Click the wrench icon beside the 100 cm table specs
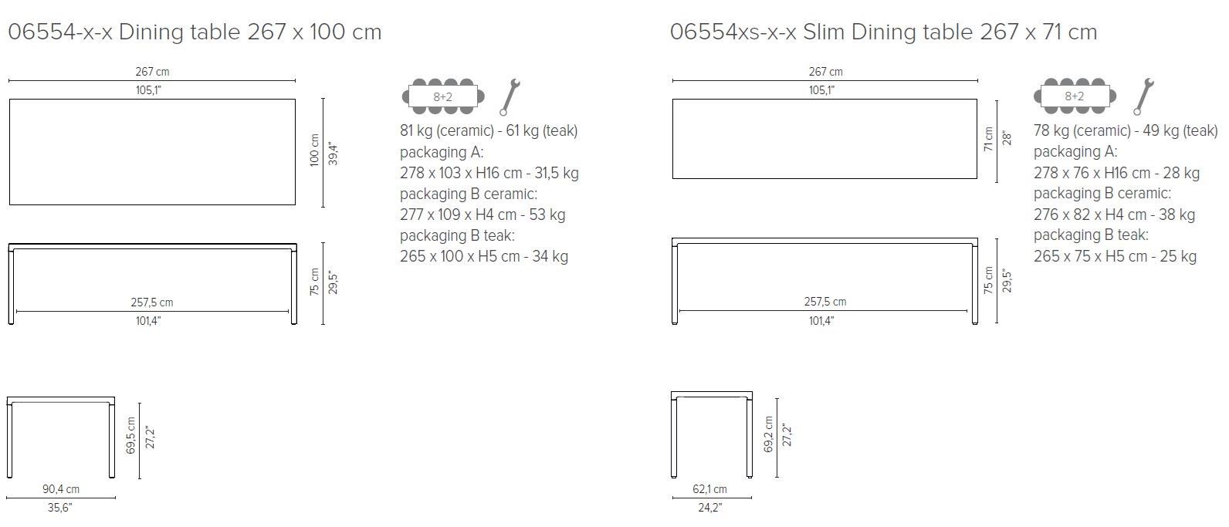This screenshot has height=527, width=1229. coord(510,96)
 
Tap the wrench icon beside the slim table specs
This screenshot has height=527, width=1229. coord(1143,96)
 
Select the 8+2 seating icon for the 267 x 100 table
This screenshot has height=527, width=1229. coord(443,96)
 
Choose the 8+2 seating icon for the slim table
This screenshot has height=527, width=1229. coord(1075,96)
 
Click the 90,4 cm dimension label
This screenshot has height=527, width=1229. coord(61,489)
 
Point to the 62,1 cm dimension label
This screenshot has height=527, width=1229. coord(709,489)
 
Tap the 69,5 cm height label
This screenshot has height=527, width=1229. coord(130,436)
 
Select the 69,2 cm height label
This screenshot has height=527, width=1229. coord(767,435)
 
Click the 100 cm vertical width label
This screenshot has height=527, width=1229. coord(314,152)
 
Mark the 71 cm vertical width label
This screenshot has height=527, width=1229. coord(988,140)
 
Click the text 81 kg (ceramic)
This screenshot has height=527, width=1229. coord(446,130)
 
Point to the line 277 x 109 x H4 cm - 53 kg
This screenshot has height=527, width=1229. coord(482,215)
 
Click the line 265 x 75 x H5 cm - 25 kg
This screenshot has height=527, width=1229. coord(1115,256)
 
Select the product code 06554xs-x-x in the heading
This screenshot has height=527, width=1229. coord(733,32)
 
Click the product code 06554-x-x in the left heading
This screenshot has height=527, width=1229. coord(60,32)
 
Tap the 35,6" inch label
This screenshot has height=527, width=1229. coord(61,508)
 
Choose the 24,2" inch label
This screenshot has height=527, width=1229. coord(709,508)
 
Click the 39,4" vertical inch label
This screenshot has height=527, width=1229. coord(333,153)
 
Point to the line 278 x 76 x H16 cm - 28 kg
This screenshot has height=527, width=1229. coord(1116,173)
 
